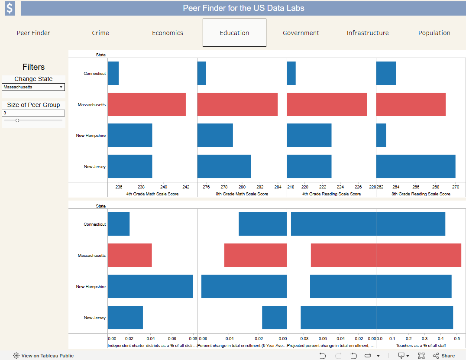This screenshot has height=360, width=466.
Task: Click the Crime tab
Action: (x=100, y=33)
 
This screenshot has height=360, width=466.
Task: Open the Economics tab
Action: (x=168, y=33)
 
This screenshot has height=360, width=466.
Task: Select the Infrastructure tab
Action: (x=368, y=33)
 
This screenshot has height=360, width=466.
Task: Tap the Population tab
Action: (x=434, y=33)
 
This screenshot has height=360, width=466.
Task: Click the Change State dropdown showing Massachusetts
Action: (x=33, y=87)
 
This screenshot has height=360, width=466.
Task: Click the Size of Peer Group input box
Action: (x=33, y=113)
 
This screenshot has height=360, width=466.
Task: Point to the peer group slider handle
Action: (x=17, y=120)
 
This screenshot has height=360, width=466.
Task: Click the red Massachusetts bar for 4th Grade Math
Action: (x=147, y=104)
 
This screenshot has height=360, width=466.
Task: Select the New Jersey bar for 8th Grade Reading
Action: (x=416, y=166)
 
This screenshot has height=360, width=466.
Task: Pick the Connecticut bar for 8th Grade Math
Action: (x=202, y=73)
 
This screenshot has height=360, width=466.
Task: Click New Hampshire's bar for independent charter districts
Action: (x=150, y=286)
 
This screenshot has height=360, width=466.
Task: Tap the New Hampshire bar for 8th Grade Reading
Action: (x=381, y=135)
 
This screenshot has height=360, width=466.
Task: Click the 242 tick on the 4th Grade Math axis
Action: (x=186, y=187)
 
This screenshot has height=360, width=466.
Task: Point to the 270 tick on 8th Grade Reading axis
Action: (x=456, y=187)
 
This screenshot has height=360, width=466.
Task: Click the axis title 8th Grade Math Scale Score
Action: (x=242, y=194)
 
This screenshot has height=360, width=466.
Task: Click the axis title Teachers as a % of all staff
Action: (x=421, y=345)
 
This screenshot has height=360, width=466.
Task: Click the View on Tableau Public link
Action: (x=43, y=356)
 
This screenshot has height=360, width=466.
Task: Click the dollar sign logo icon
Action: (x=10, y=8)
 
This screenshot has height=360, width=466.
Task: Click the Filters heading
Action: (x=34, y=67)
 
